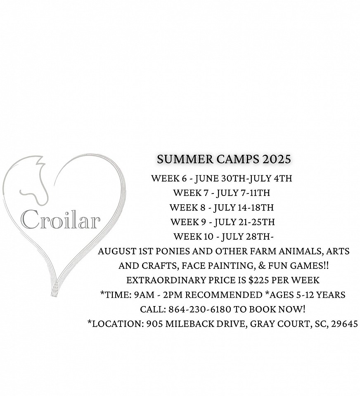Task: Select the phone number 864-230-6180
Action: pos(200,309)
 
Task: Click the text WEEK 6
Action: pos(169,178)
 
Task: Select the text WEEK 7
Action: pos(191,193)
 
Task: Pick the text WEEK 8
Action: pos(187,207)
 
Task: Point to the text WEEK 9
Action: pos(188,222)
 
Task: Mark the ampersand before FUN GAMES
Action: pos(262,266)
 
